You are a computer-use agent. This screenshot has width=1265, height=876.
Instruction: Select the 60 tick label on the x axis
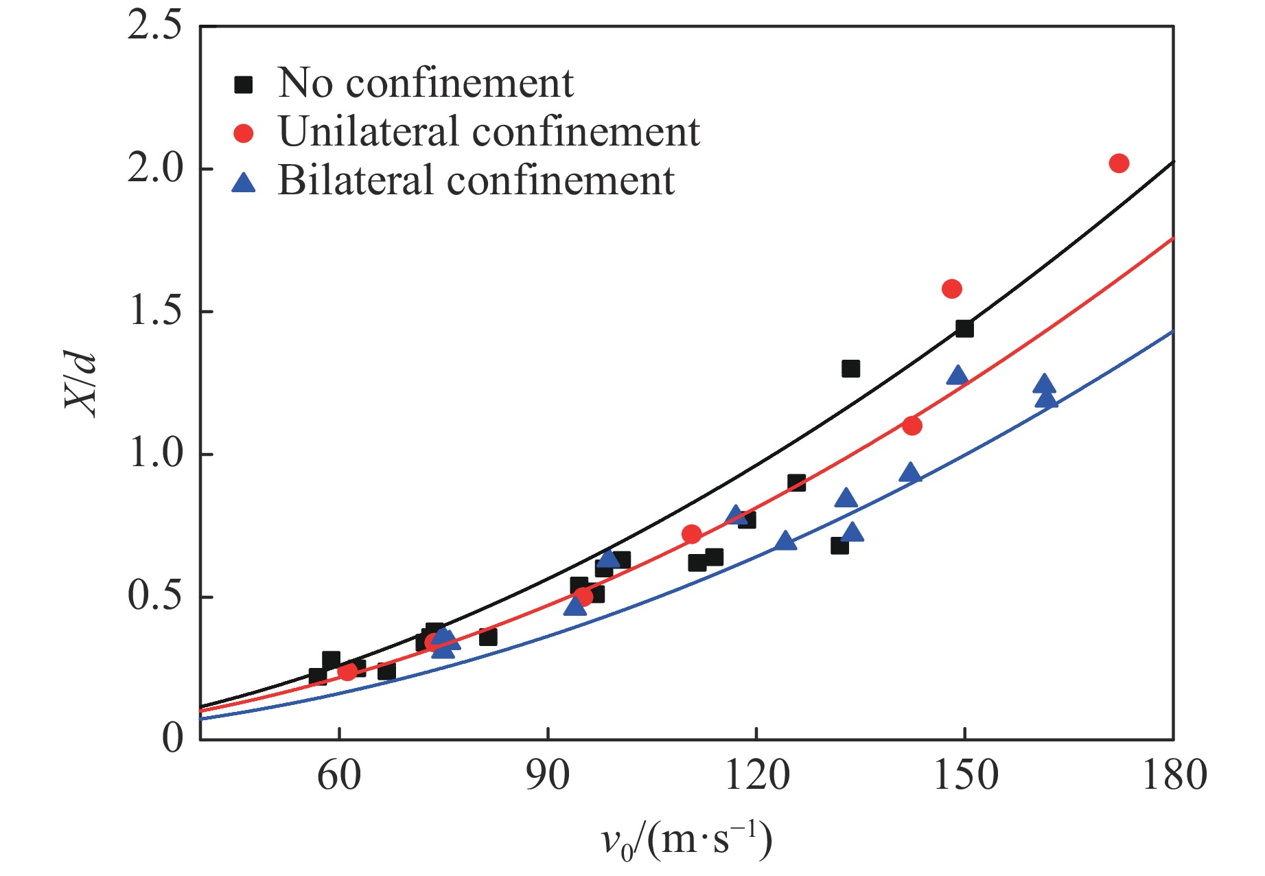click(339, 775)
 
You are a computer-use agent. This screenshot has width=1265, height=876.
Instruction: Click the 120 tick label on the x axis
click(756, 775)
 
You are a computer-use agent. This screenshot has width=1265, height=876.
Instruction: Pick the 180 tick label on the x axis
click(1174, 775)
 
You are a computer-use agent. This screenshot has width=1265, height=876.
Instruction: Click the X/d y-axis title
click(81, 382)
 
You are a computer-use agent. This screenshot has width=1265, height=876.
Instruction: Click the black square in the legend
click(244, 84)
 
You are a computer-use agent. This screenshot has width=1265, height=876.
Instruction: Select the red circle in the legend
click(244, 132)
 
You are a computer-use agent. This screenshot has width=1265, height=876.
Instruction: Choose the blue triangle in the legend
click(244, 183)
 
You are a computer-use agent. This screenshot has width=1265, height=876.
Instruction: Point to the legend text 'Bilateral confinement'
click(476, 181)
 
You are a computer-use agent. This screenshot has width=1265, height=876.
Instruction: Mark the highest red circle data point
click(1119, 163)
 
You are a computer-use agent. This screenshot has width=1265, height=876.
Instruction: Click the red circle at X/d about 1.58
click(951, 288)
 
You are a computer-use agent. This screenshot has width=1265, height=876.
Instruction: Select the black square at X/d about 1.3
click(850, 369)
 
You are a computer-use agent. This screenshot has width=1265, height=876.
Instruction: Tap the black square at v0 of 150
click(964, 329)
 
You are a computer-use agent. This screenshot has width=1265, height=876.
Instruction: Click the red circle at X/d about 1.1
click(912, 426)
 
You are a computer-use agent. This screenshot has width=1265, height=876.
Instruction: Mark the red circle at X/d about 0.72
click(692, 534)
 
